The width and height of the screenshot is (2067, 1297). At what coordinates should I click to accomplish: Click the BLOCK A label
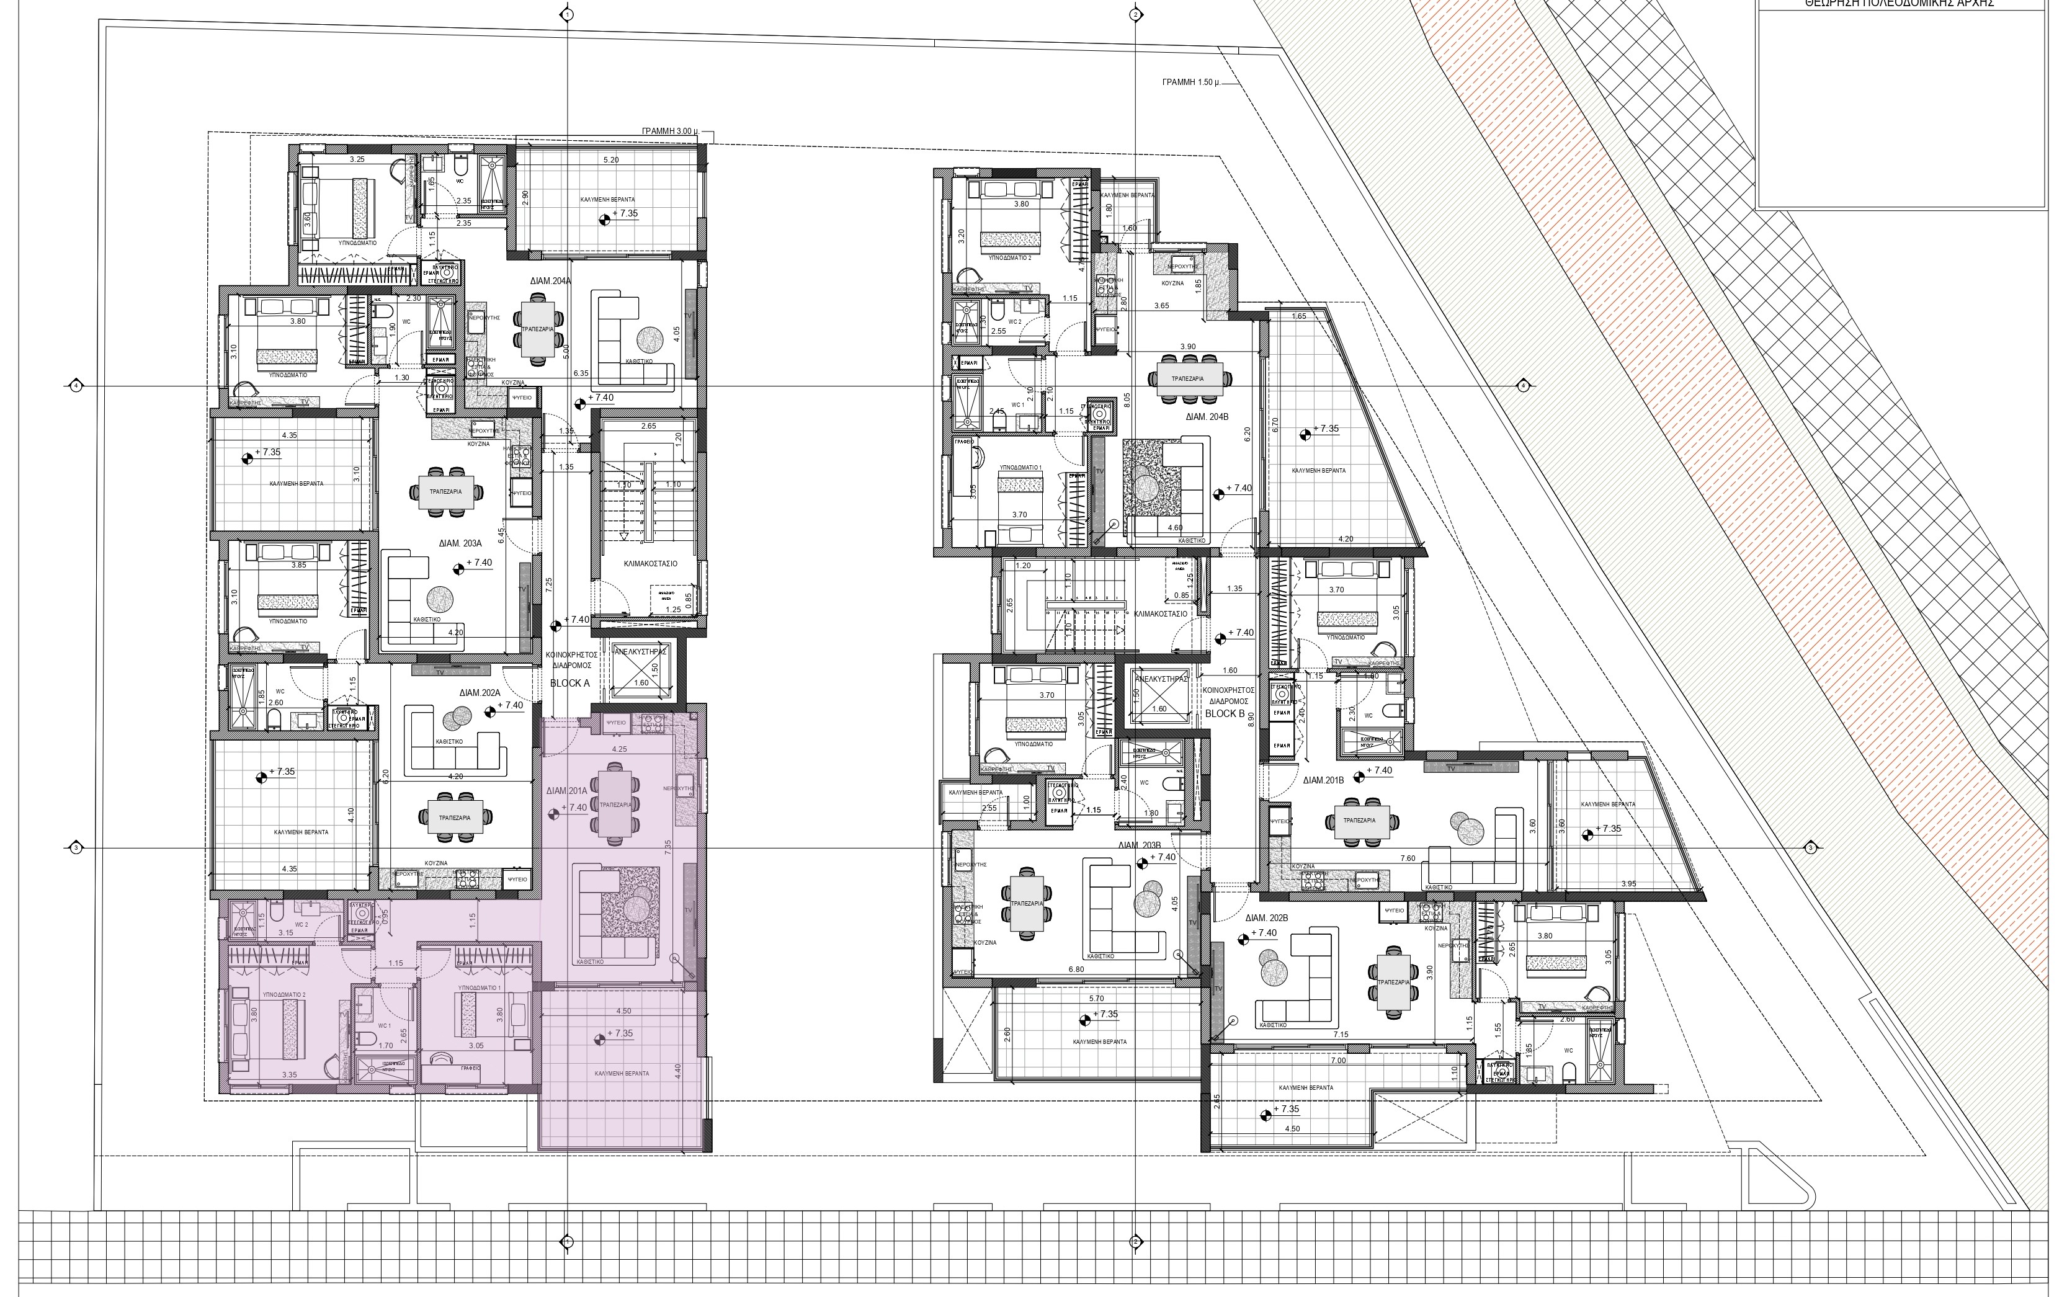point(570,683)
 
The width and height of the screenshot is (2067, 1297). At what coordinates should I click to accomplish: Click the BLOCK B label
point(1225,713)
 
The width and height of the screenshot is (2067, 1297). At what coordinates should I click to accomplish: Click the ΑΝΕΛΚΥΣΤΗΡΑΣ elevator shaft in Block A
point(641,669)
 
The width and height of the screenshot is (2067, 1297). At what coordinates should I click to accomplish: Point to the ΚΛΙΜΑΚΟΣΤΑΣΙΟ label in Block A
point(650,564)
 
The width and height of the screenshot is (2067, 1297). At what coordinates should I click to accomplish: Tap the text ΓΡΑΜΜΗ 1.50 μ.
point(1190,83)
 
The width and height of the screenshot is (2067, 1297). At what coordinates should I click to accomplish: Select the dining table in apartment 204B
point(1188,378)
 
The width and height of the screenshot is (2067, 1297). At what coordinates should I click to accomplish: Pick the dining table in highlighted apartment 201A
point(616,804)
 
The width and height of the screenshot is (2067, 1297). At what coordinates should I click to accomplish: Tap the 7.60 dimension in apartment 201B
point(1408,858)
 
